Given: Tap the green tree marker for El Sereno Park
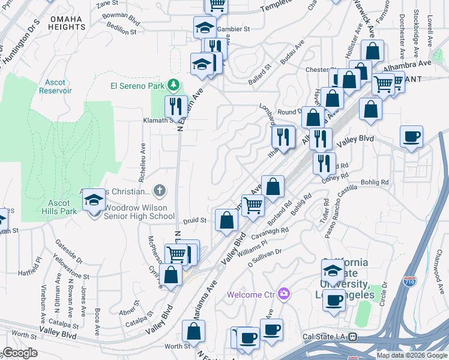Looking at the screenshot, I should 173,85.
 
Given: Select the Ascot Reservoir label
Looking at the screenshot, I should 55,86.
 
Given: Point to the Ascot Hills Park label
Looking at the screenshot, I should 60,207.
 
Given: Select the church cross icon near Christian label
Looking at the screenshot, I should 159,191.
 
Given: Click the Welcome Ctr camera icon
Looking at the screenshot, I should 283,294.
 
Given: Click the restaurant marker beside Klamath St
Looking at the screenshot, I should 176,106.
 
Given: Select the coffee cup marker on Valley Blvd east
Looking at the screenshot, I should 411,136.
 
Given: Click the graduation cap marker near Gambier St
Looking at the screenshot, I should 205,27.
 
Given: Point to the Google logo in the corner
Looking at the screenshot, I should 20,353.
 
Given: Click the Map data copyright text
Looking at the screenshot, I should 412,355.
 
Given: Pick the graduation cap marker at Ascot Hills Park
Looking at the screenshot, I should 94,200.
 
